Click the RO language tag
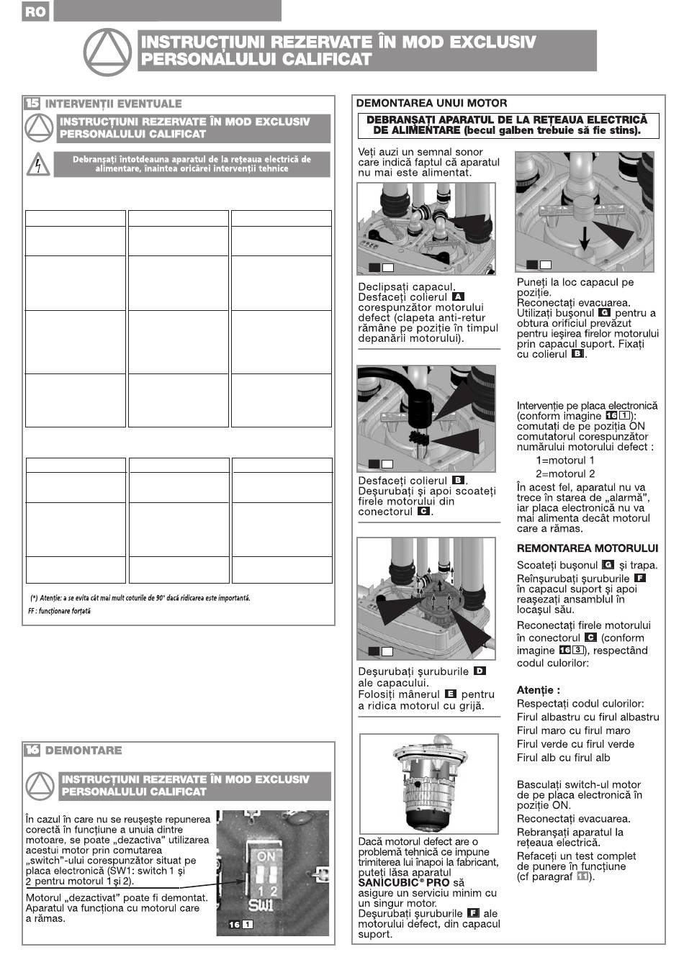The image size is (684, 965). click(34, 12)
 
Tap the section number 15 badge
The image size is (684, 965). click(32, 104)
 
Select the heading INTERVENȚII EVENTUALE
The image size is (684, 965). click(114, 104)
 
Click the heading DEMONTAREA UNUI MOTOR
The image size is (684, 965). click(431, 103)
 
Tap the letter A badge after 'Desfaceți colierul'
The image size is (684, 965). click(458, 296)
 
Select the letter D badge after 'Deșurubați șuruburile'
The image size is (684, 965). click(480, 671)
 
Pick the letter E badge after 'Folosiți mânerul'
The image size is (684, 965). click(451, 694)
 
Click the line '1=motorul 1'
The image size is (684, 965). click(565, 460)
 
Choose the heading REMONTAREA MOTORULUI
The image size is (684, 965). click(588, 548)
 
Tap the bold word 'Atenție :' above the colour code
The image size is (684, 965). click(539, 689)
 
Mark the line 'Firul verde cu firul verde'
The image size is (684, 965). click(575, 744)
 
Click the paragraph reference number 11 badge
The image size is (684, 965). click(582, 876)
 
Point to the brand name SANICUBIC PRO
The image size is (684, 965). click(404, 882)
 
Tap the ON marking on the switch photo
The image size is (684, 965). click(266, 856)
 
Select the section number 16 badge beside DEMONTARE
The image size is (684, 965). click(32, 750)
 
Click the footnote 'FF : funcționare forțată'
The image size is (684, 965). click(60, 611)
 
